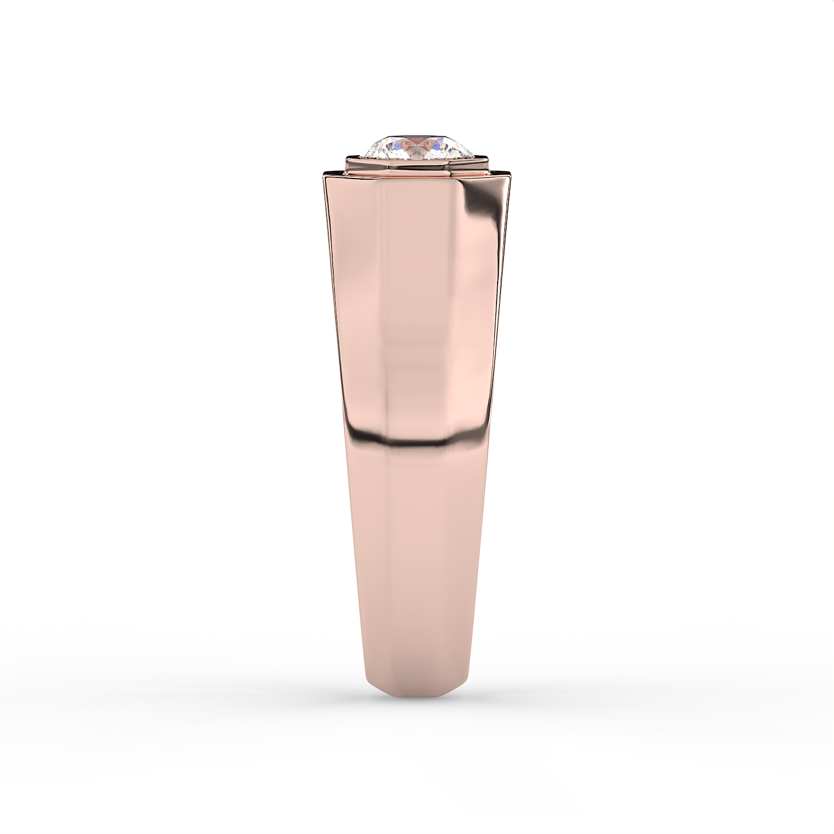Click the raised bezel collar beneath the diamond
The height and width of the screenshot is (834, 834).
click(417, 165)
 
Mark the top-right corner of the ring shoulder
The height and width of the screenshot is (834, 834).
click(510, 175)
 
